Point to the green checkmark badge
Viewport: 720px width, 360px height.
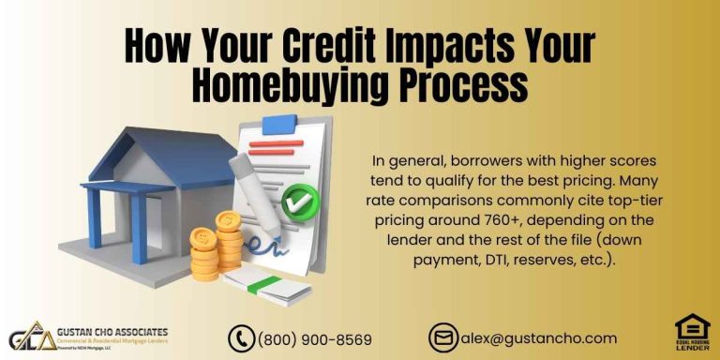click(300, 199)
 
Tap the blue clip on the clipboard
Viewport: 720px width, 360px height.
click(277, 123)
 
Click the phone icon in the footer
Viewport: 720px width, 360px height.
click(242, 338)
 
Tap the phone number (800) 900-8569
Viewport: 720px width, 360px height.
click(314, 339)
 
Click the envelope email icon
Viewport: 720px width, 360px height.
click(442, 338)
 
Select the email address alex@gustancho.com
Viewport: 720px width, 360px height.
click(537, 338)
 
